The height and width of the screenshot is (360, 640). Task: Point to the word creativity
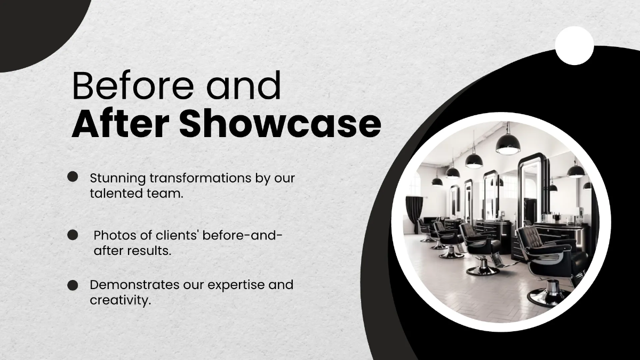[120, 301]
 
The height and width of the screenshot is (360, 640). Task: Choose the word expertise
[236, 285]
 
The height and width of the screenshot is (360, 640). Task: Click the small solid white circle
[574, 45]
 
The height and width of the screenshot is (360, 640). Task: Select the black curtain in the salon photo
[414, 213]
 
